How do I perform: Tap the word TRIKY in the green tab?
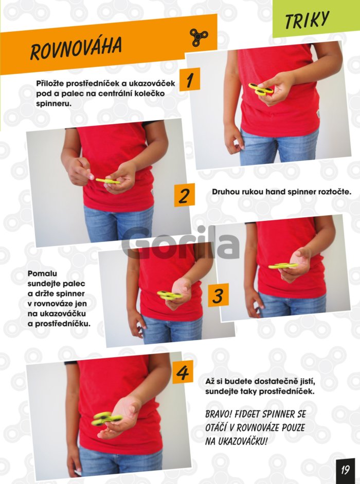[307, 20]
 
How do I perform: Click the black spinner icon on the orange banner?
[199, 38]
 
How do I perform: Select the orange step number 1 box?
[190, 79]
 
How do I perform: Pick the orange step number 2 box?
[185, 195]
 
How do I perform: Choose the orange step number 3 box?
[218, 295]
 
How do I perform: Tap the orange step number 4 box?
[183, 372]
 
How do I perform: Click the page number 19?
[346, 470]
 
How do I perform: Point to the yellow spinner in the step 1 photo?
[261, 88]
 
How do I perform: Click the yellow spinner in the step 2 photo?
[108, 181]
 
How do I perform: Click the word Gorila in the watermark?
[181, 243]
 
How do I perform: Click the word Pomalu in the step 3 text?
[42, 273]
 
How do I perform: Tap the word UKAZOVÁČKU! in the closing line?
[242, 441]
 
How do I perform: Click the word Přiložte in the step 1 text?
[50, 84]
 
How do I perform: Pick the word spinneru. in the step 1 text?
[54, 104]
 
